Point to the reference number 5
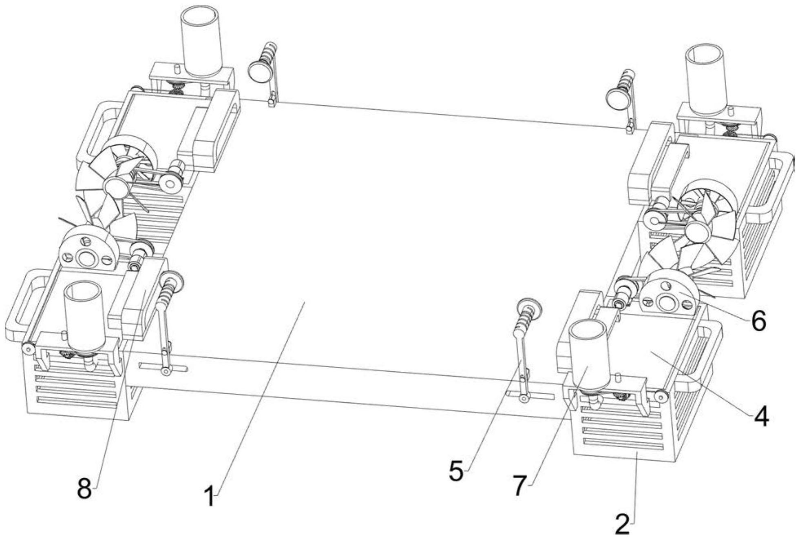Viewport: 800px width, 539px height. (457, 472)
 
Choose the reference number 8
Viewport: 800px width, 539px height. (84, 488)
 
